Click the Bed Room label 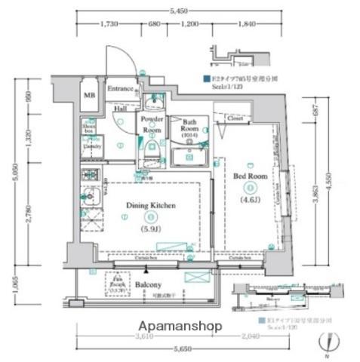pyautogui.click(x=250, y=176)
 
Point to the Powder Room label pyautogui.click(x=152, y=123)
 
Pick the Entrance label pyautogui.click(x=120, y=89)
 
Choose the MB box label pyautogui.click(x=89, y=94)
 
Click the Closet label pyautogui.click(x=234, y=118)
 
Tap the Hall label pyautogui.click(x=120, y=108)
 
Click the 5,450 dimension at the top pyautogui.click(x=179, y=11)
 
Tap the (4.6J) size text pyautogui.click(x=250, y=200)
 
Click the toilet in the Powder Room pyautogui.click(x=152, y=149)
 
